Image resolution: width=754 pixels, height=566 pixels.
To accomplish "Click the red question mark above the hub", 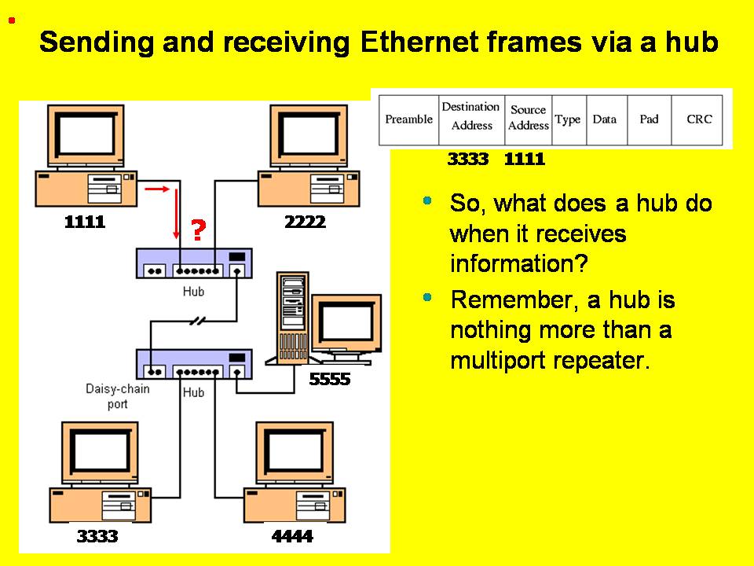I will (x=198, y=230).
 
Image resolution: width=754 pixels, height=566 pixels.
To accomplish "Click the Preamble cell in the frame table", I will (x=408, y=119).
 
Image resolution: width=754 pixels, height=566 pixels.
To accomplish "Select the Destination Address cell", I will (x=470, y=116).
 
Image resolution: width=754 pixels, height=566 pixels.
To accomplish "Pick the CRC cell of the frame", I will (x=699, y=119).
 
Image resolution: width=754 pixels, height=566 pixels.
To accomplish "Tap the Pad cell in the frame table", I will (x=649, y=119).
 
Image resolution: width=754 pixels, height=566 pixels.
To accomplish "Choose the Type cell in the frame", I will (x=567, y=119).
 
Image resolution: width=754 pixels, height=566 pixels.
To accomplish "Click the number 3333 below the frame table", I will (x=468, y=160).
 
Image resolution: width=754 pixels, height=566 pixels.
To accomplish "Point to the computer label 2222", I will (x=305, y=222).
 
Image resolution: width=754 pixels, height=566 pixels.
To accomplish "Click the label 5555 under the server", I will (x=330, y=380).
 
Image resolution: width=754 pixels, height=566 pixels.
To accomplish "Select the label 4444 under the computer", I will (x=292, y=537).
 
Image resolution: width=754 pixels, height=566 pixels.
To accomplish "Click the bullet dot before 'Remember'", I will (x=427, y=297).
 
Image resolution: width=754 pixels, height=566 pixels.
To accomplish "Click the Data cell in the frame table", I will (x=604, y=119).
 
